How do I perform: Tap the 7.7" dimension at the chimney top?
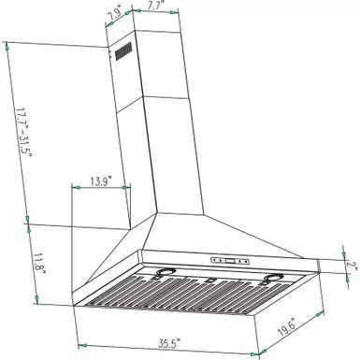tap(155, 7)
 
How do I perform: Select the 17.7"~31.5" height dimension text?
tap(23, 133)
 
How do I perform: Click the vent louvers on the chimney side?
tap(122, 52)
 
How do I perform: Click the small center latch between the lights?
tap(211, 279)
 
